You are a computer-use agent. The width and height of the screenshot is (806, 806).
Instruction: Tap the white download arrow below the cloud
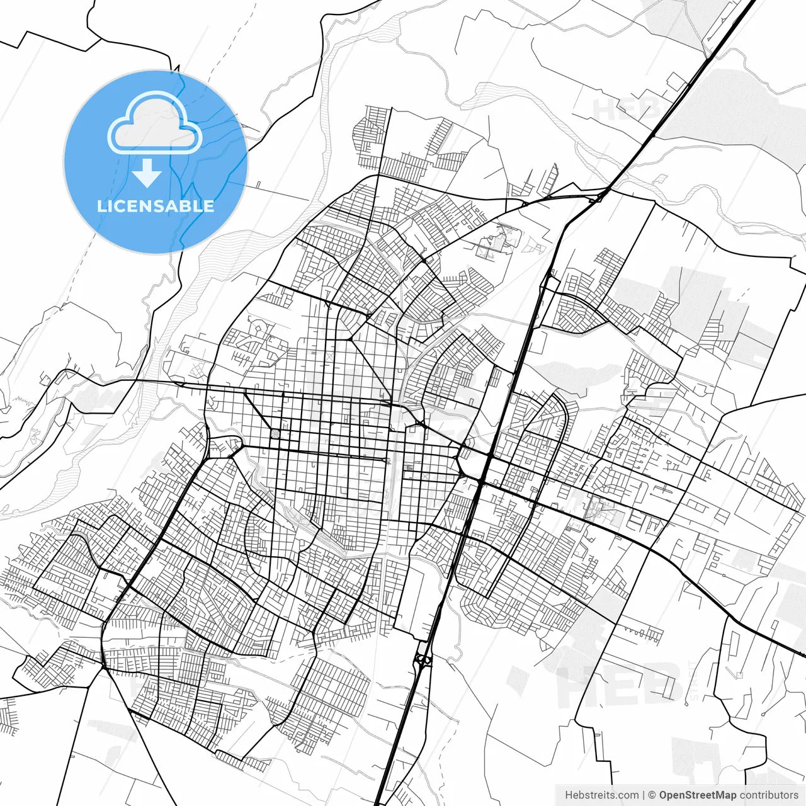click(x=147, y=173)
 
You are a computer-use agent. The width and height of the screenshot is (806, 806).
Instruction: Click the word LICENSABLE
click(x=155, y=206)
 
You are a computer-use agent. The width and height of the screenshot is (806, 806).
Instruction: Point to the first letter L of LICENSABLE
click(x=101, y=206)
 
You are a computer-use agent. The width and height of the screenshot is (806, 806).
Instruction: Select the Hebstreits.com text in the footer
click(x=601, y=795)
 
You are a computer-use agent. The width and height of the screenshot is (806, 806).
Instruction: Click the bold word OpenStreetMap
click(x=698, y=795)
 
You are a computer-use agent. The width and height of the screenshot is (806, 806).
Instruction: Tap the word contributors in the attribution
click(x=769, y=795)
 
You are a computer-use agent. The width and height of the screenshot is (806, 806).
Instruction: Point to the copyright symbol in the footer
click(x=652, y=795)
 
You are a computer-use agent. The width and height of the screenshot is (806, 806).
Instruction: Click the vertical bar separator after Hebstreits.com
click(x=644, y=795)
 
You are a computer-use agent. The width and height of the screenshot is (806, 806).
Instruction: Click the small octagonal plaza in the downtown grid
click(x=275, y=434)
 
